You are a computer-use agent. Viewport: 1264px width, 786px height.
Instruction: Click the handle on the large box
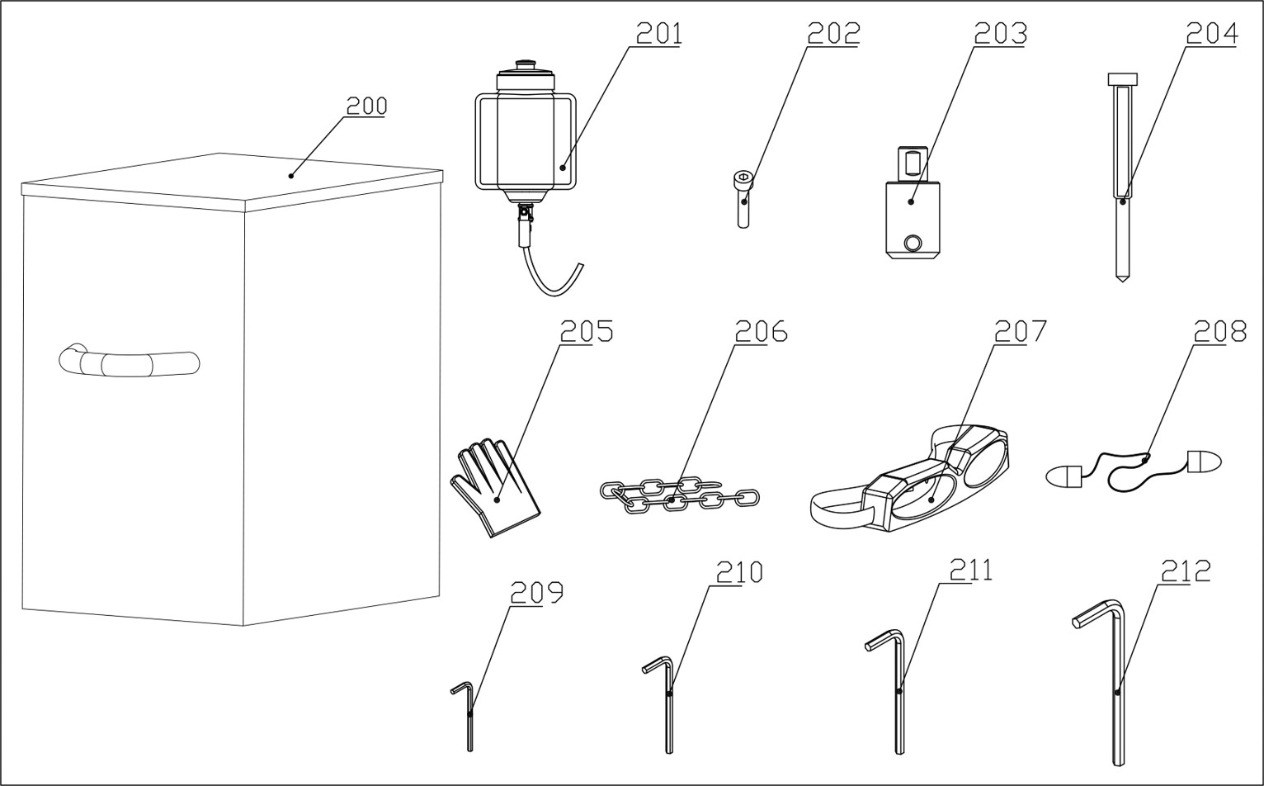[x=130, y=362]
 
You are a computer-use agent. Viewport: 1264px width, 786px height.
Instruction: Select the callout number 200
[x=366, y=106]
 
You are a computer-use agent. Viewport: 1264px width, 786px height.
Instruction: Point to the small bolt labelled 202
[x=743, y=198]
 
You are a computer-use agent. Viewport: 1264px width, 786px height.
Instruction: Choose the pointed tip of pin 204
[x=1121, y=277]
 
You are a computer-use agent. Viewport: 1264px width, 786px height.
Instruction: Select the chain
[x=678, y=495]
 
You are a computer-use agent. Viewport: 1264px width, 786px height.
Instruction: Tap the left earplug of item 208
[x=1064, y=476]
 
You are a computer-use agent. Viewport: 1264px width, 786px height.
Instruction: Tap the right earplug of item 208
[x=1203, y=462]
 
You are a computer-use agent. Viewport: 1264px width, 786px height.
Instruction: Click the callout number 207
[x=1020, y=331]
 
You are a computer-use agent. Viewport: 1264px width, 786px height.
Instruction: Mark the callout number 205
[x=587, y=331]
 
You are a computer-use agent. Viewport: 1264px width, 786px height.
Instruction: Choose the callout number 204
[x=1212, y=33]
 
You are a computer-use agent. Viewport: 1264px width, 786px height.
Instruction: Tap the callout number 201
[x=658, y=33]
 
